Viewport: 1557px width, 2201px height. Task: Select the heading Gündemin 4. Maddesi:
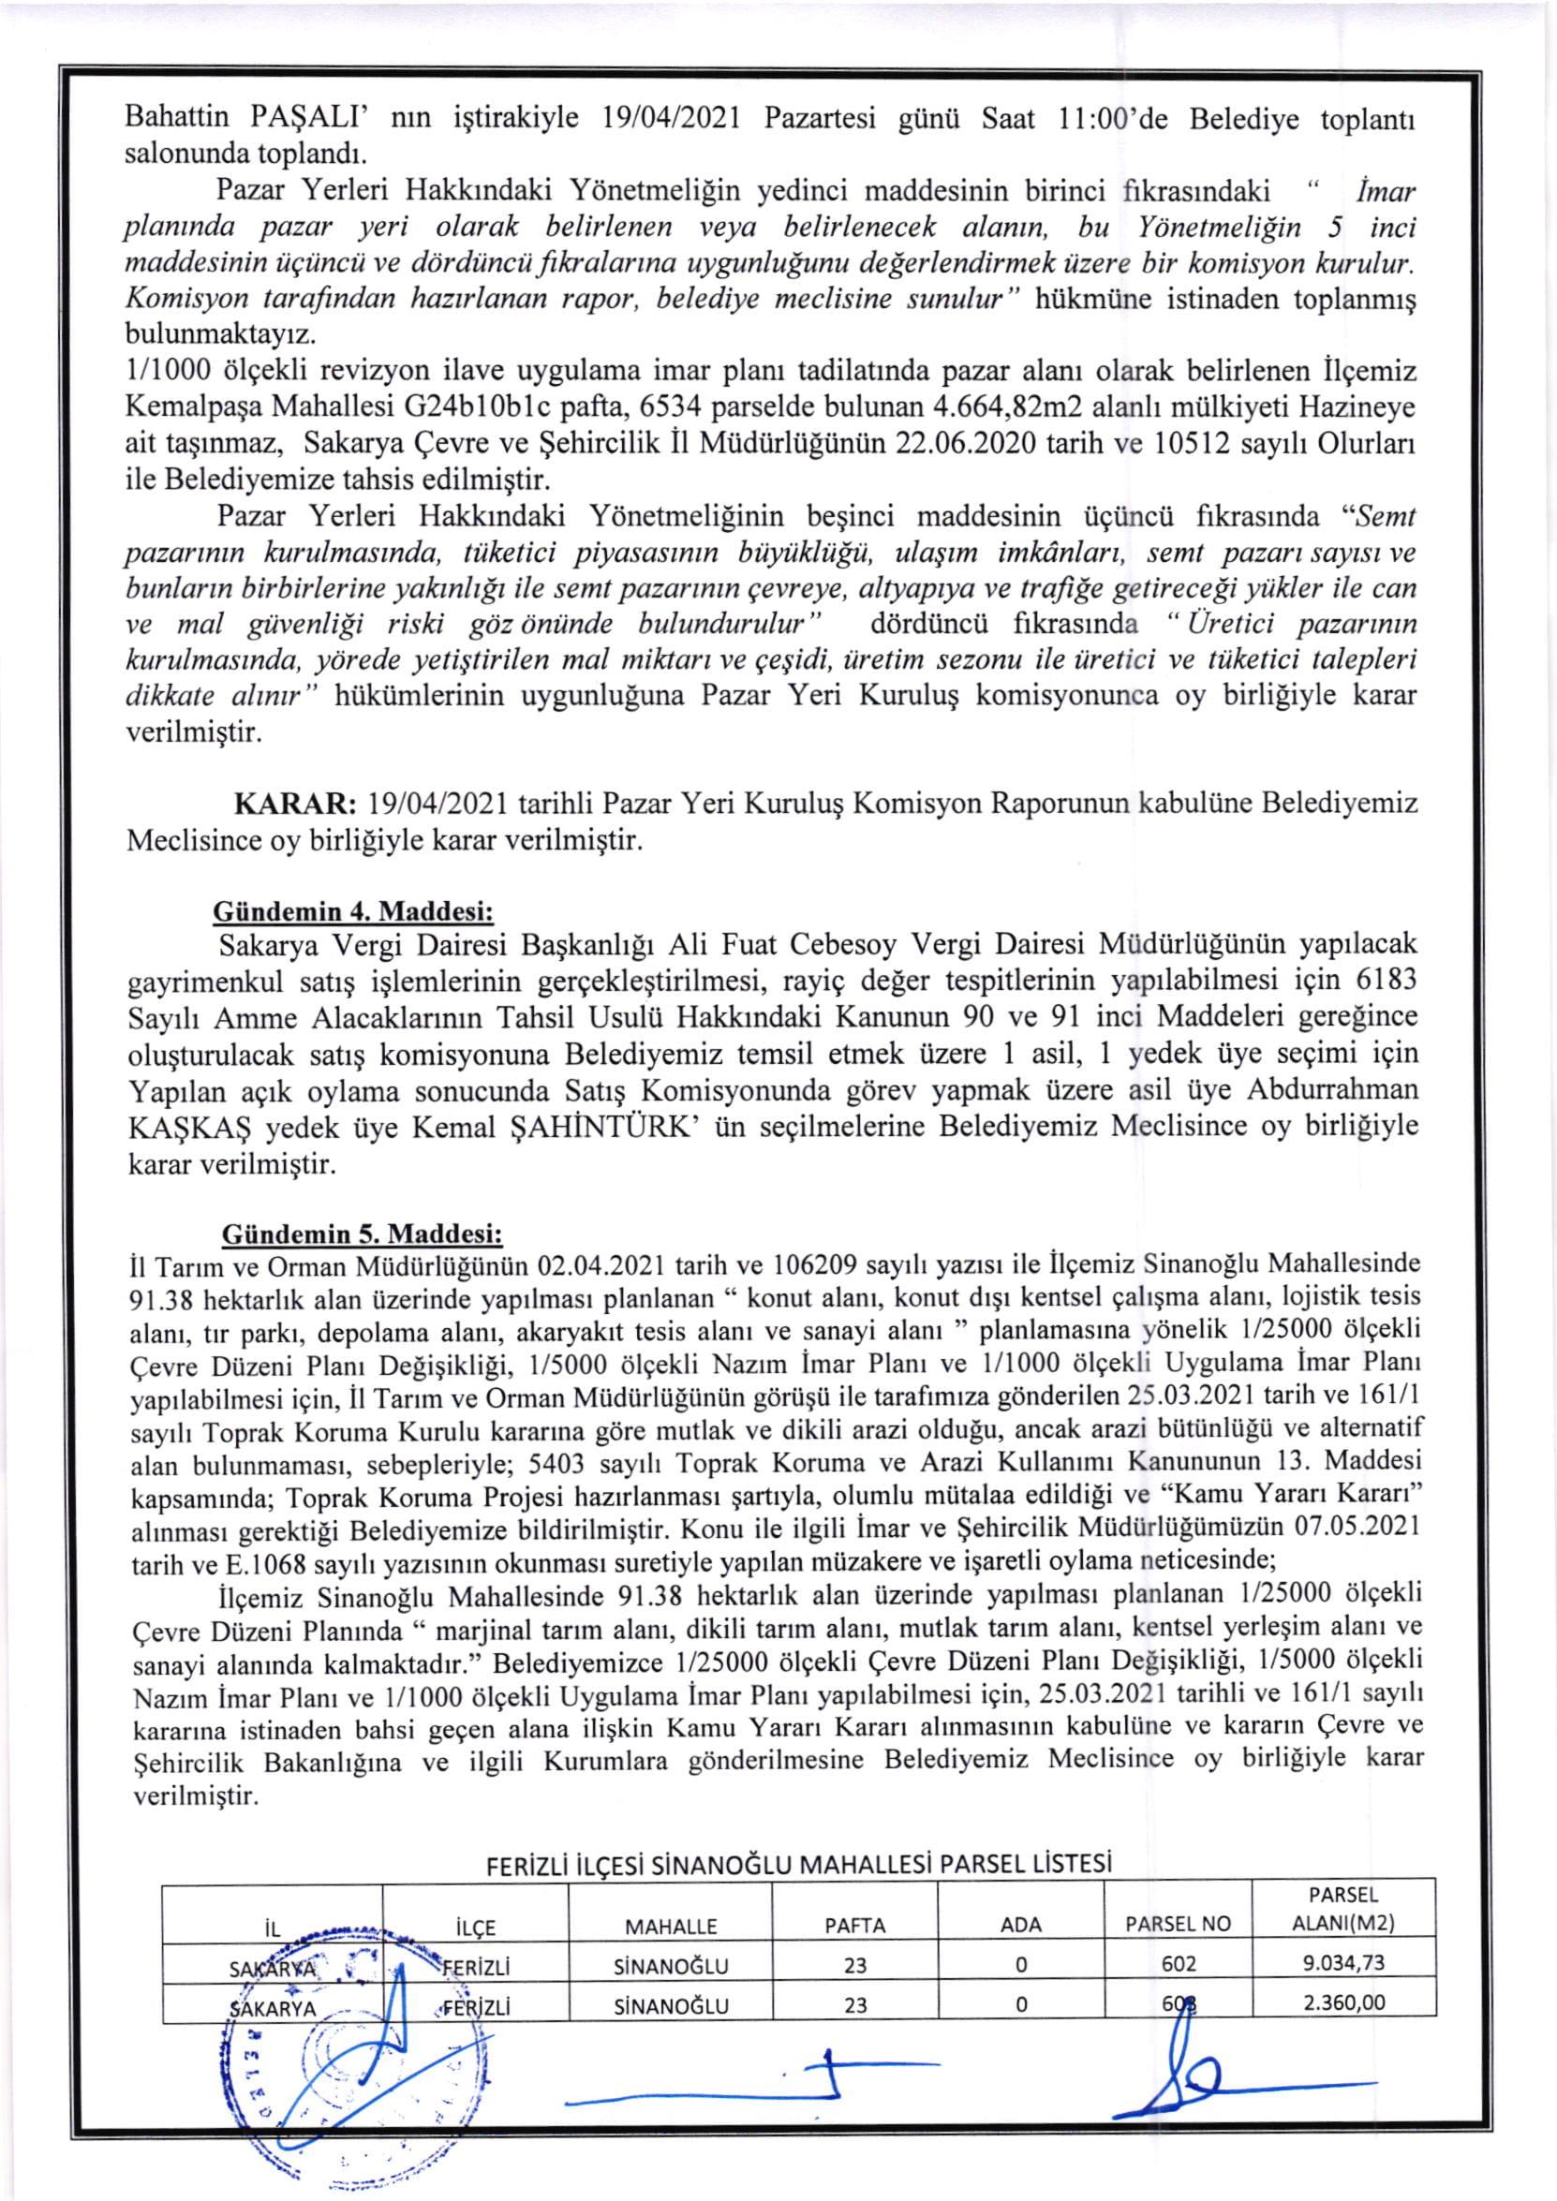[x=353, y=909]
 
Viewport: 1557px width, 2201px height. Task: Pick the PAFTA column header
[x=855, y=1925]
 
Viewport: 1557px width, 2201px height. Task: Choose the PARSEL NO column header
[x=1178, y=1924]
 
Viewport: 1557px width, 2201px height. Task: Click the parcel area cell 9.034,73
[x=1343, y=1962]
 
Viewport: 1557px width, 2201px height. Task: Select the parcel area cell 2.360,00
[x=1343, y=2002]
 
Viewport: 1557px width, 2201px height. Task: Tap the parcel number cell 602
[x=1179, y=1963]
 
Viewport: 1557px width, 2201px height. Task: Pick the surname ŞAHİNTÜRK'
[x=607, y=1129]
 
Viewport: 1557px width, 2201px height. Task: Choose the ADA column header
[x=1021, y=1925]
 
